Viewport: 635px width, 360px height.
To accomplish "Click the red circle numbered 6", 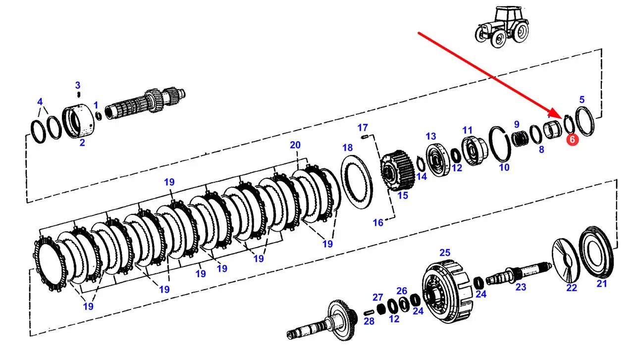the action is pos(572,140).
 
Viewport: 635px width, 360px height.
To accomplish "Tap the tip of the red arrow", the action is pos(561,118).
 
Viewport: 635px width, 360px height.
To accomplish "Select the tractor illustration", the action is pos(502,28).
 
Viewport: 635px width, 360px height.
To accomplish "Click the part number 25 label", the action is pos(445,253).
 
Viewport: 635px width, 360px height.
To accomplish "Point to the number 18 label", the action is pos(348,148).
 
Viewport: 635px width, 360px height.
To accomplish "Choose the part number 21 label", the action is pos(601,283).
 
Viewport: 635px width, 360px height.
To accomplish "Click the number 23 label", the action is pos(521,287).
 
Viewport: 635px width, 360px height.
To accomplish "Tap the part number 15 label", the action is pos(403,195).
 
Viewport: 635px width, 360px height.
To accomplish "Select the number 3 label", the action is pos(78,85).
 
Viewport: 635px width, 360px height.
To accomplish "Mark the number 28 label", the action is pos(369,321).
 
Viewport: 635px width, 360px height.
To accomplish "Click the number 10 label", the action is pos(504,167).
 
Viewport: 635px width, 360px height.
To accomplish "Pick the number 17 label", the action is pos(363,128).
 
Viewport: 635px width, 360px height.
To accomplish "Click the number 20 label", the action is pos(295,145).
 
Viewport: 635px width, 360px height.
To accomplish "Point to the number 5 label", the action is pos(582,100).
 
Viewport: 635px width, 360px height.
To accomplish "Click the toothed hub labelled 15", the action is pos(397,170).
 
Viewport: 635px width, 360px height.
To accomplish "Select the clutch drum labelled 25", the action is pos(448,292).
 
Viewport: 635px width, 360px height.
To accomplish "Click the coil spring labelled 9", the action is pos(520,139).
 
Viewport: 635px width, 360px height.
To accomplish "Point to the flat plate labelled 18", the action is pos(357,182).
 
